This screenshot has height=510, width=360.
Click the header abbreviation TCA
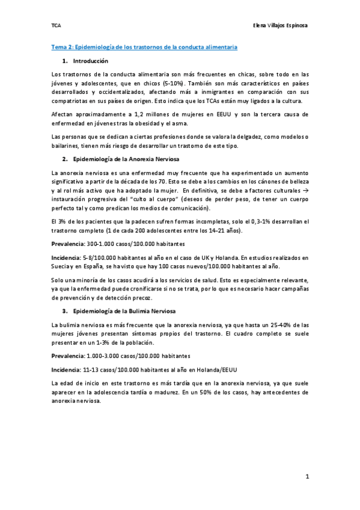point(56,26)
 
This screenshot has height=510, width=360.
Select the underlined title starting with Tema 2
point(144,46)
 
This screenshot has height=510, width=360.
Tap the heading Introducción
point(90,61)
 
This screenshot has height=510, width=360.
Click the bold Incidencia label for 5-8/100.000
point(67,257)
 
